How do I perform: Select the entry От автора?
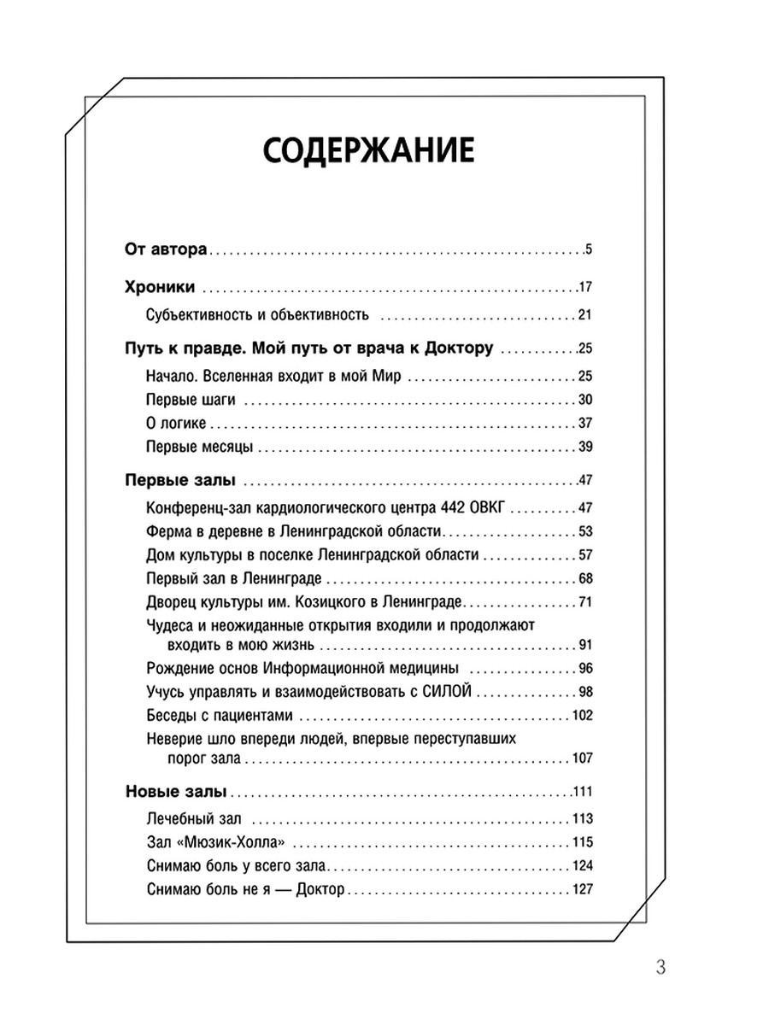163,250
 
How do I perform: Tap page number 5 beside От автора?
589,250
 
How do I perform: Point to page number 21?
585,315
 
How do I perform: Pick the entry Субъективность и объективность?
257,315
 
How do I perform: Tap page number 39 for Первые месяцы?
585,447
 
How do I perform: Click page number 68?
585,578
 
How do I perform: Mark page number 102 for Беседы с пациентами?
582,716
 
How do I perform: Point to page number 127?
582,889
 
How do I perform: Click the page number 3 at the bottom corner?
660,968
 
